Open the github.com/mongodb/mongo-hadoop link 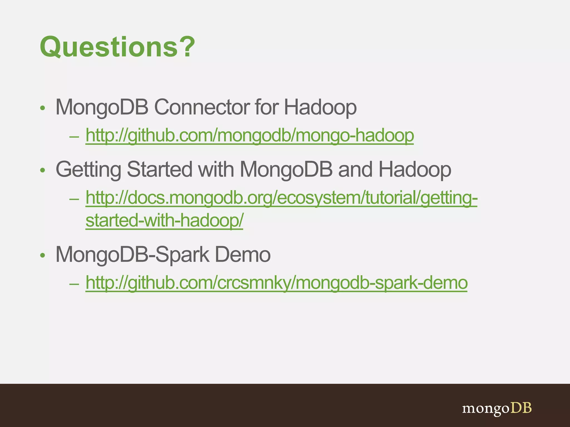[x=249, y=136]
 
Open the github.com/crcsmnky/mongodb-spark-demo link [x=276, y=283]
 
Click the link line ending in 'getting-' [x=281, y=198]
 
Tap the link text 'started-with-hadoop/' [x=164, y=220]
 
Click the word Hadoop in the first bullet [x=320, y=107]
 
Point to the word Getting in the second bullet [x=88, y=169]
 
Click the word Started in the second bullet [x=159, y=169]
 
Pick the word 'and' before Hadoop [x=355, y=169]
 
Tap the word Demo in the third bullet [x=242, y=254]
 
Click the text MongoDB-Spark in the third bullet [x=132, y=254]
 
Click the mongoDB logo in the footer [x=497, y=408]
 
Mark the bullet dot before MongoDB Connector [x=42, y=108]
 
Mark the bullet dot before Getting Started [x=42, y=170]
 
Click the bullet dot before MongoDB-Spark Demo [x=42, y=255]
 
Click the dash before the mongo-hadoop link [x=74, y=137]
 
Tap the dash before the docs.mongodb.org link [x=74, y=199]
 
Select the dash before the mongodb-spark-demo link [x=74, y=284]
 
